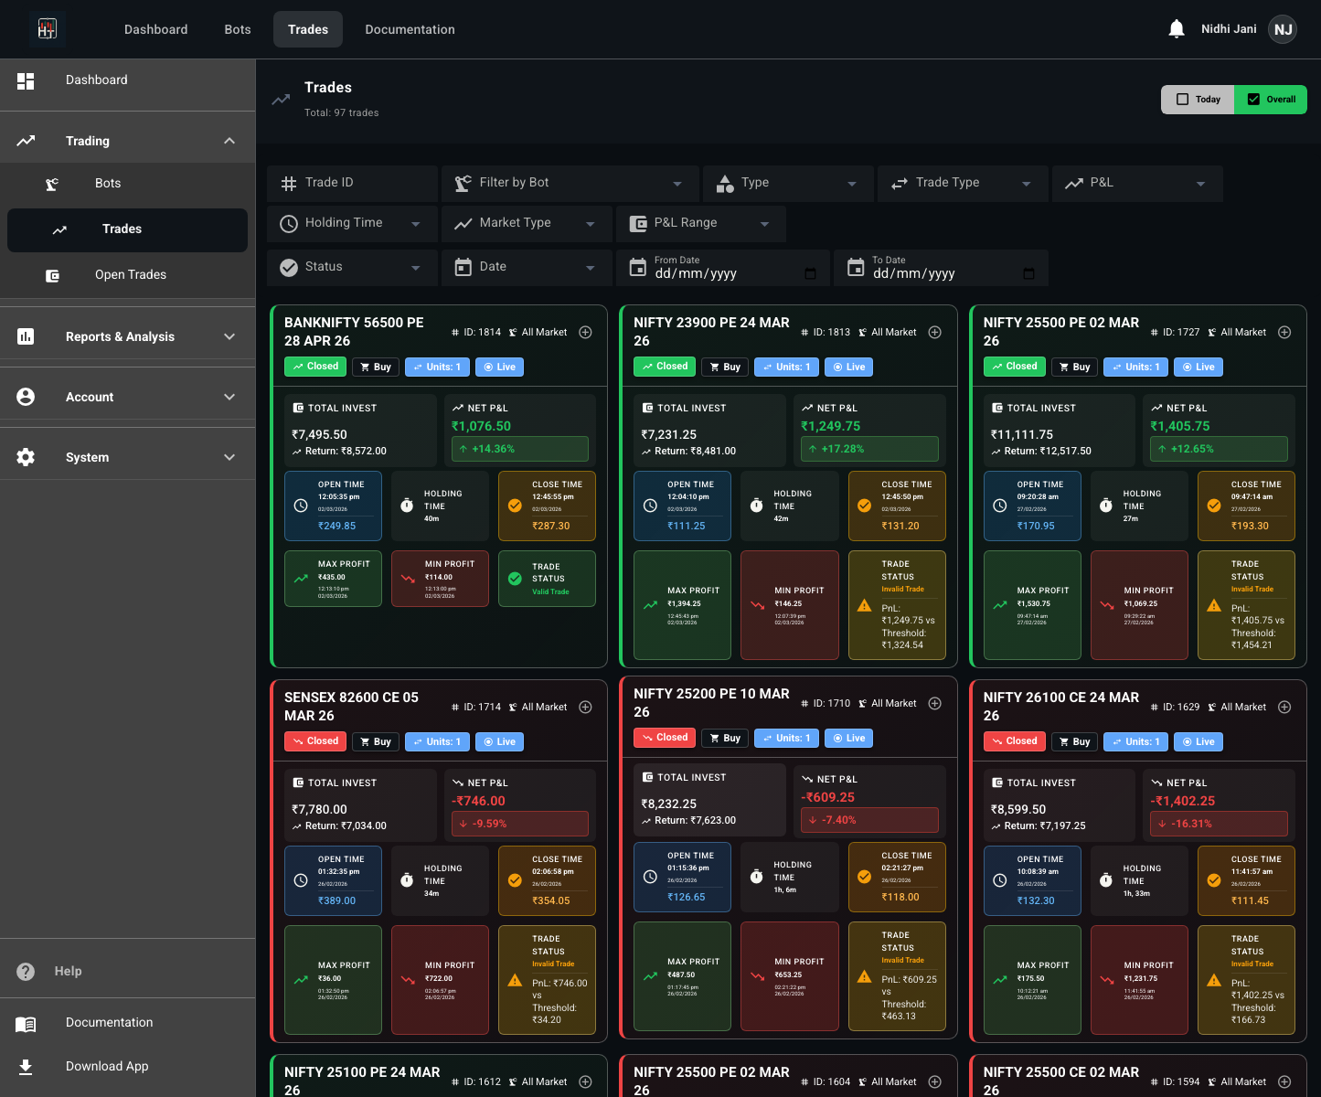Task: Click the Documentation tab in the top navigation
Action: point(410,29)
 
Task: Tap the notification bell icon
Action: point(1177,29)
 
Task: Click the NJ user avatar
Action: point(1284,29)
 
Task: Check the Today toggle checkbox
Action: point(1183,100)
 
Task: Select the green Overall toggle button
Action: point(1271,100)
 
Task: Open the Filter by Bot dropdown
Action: point(570,183)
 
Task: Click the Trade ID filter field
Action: point(352,183)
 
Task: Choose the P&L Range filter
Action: point(700,223)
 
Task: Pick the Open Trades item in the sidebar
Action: point(130,275)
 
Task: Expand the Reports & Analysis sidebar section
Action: point(127,336)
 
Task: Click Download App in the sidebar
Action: point(107,1066)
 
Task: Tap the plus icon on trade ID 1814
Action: point(586,332)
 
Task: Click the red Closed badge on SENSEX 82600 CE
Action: point(315,741)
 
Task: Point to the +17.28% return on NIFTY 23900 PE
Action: point(869,449)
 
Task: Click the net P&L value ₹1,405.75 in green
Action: point(1180,426)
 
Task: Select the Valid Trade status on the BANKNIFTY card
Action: point(550,591)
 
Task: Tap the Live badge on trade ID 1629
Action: point(1198,741)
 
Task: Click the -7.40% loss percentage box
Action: point(869,820)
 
